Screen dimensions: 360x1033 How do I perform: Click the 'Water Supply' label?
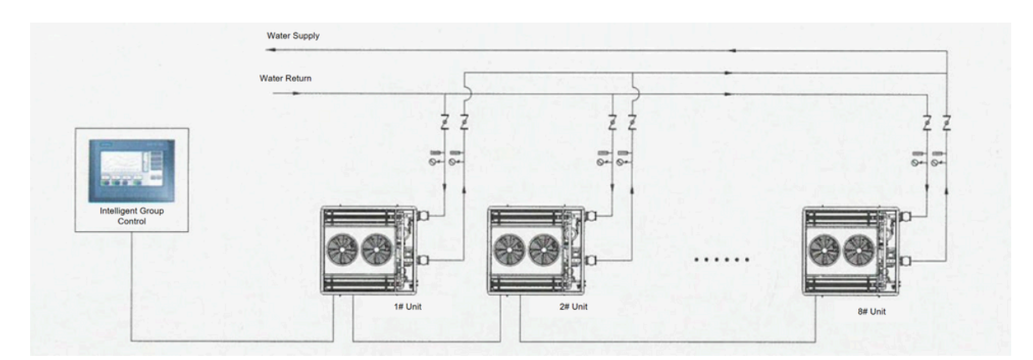pyautogui.click(x=293, y=36)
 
